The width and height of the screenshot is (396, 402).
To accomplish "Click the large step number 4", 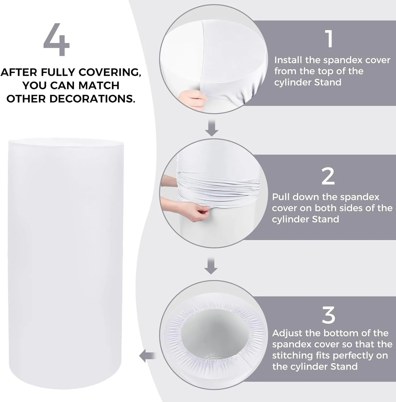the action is click(56, 39).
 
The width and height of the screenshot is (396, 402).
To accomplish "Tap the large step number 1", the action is click(330, 39).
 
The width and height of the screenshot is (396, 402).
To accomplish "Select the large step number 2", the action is click(328, 176).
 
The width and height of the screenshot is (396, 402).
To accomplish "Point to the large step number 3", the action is click(328, 315).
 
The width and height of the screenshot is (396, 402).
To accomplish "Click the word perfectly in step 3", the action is click(342, 356).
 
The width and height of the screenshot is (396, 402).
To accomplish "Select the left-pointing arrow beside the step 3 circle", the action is click(147, 356).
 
